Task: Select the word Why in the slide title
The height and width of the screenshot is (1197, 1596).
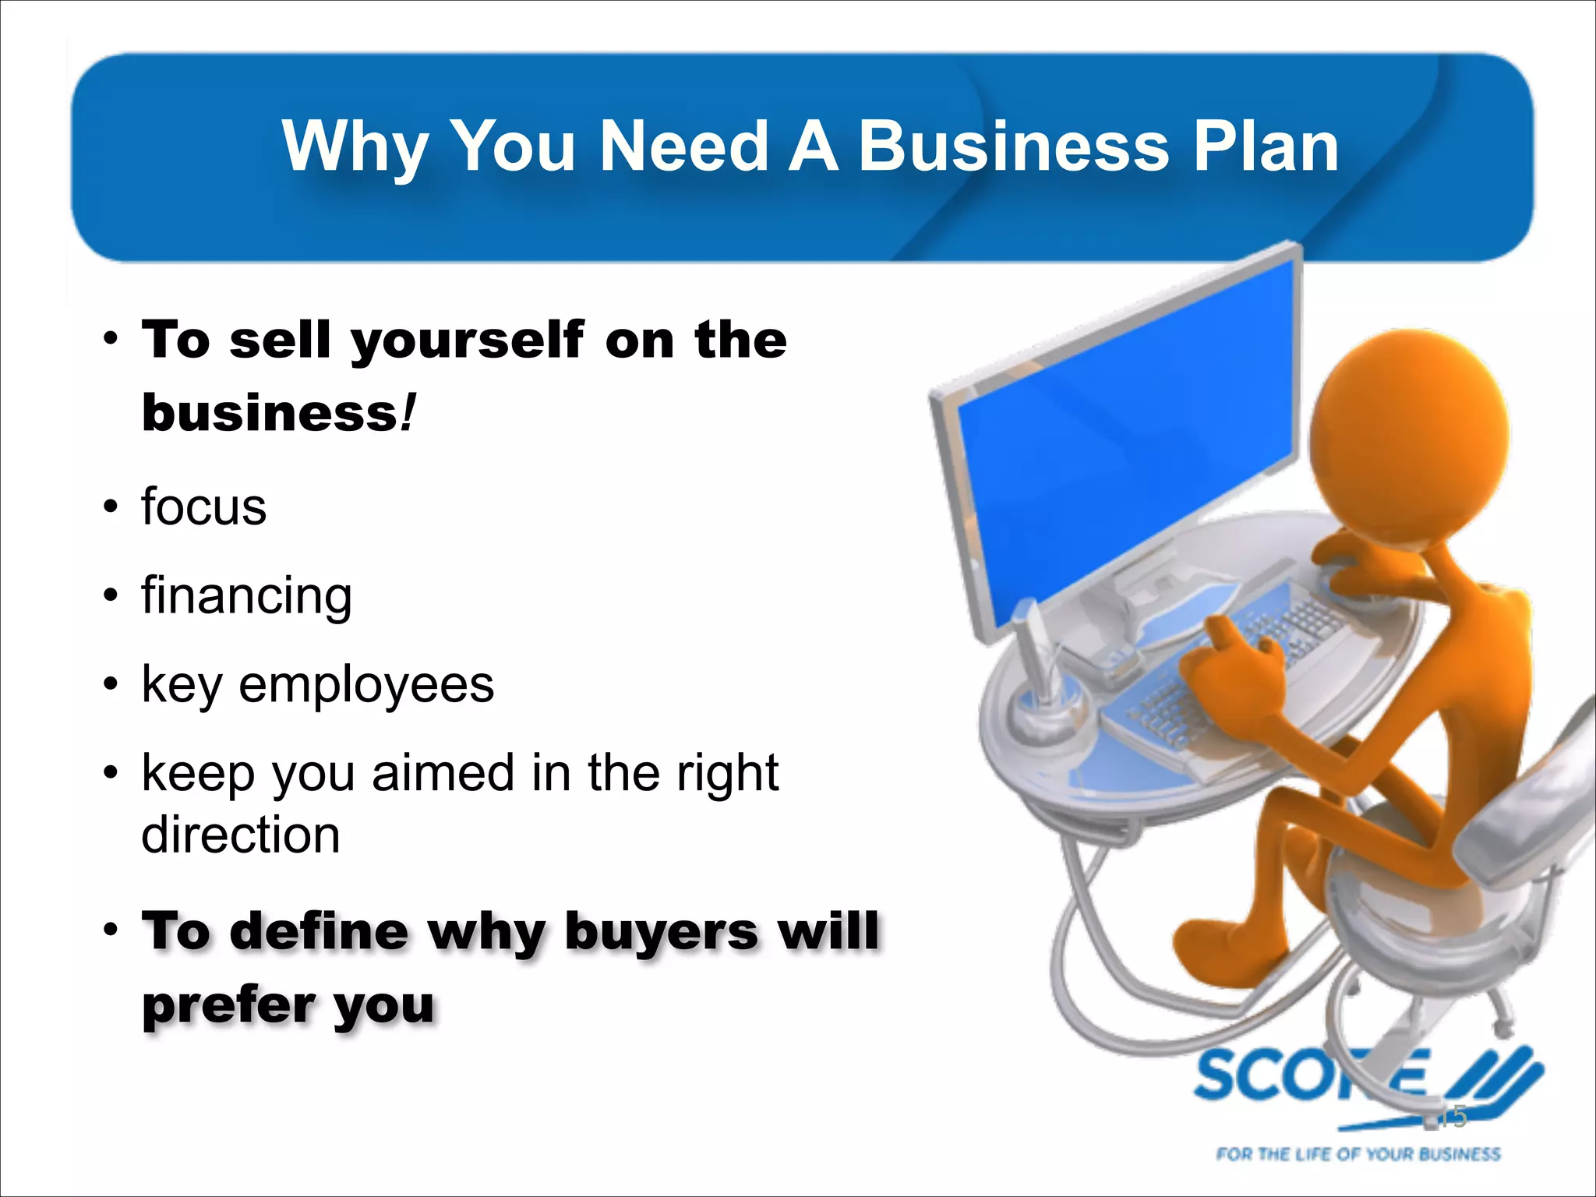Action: pos(355,148)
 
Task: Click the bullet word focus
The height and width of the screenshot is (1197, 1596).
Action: pos(204,507)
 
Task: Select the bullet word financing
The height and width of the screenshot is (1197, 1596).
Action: pos(247,597)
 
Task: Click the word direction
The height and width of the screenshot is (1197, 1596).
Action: pos(241,835)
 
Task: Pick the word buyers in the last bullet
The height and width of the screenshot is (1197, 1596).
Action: pos(661,930)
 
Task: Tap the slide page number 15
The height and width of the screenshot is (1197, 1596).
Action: pos(1451,1117)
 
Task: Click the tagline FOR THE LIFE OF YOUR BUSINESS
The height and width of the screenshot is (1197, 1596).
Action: pos(1358,1154)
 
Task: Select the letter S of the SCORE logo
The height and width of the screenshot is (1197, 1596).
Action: pos(1220,1076)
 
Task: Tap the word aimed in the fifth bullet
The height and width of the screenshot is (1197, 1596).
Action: pos(443,773)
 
